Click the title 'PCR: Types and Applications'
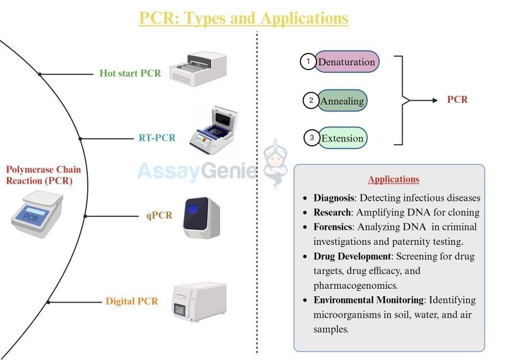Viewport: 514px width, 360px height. point(244,18)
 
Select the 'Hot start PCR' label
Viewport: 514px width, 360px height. point(130,73)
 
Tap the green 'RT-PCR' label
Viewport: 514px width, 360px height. point(157,138)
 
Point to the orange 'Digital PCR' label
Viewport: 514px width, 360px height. point(132,301)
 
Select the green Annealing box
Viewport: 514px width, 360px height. point(342,101)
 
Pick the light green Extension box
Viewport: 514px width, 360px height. point(342,138)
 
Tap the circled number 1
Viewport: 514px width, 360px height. point(308,62)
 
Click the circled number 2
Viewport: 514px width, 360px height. point(311,101)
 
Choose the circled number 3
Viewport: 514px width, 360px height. point(312,138)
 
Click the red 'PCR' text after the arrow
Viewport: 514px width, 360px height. point(457,100)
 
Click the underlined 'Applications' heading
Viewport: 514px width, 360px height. point(394,179)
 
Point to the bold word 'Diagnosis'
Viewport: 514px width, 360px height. point(334,198)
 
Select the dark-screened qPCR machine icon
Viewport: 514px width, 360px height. point(202,217)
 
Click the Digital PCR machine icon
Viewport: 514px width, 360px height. point(199,302)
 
